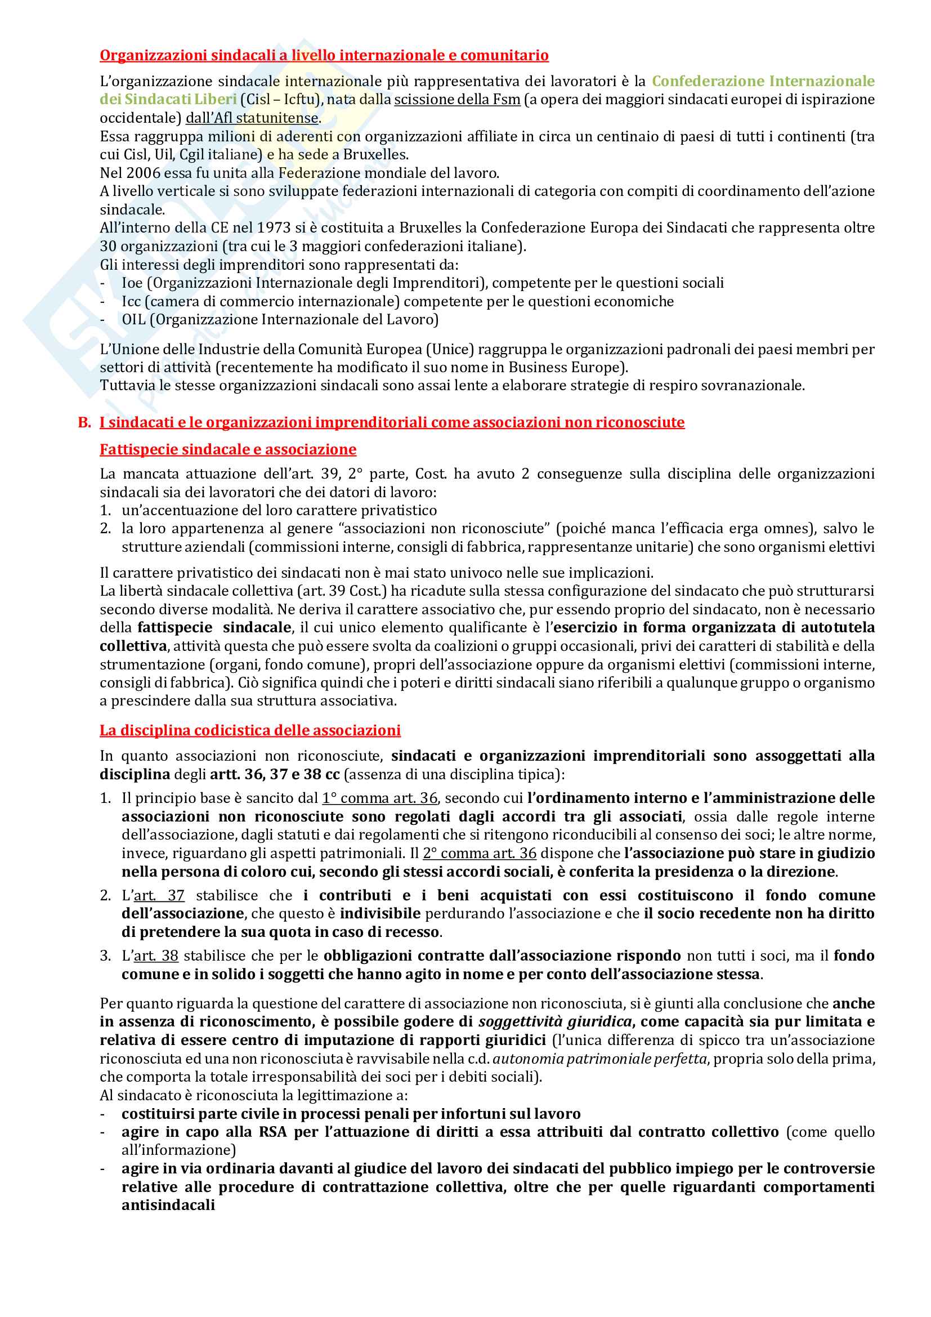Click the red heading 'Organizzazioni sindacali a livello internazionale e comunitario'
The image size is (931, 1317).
[x=324, y=55]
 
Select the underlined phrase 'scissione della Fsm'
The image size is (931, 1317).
[x=457, y=99]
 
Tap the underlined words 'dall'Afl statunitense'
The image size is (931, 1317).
[x=252, y=118]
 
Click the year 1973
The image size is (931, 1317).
[x=274, y=227]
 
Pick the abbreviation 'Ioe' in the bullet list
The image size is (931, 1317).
[x=132, y=283]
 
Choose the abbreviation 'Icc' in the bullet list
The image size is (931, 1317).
[x=131, y=301]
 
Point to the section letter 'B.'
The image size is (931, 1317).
[x=84, y=423]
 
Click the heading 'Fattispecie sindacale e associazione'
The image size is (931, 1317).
[x=227, y=449]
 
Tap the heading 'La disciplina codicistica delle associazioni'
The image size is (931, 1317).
[x=250, y=730]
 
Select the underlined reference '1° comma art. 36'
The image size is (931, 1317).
[x=379, y=798]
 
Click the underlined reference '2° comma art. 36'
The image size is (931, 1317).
[x=479, y=853]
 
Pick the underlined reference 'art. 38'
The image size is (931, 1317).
[x=156, y=956]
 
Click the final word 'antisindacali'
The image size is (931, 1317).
[x=168, y=1205]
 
